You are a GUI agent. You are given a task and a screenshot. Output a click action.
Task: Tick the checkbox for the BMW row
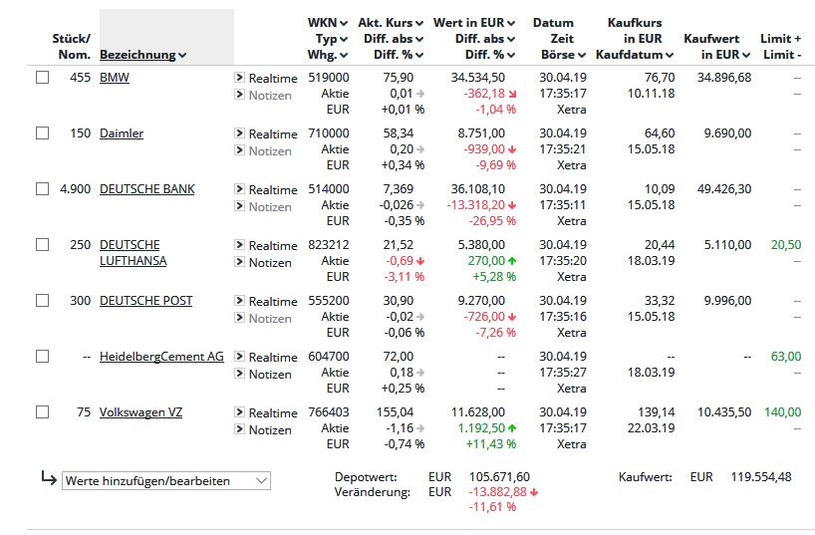(42, 78)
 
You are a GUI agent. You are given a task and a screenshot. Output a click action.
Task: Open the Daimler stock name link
(122, 134)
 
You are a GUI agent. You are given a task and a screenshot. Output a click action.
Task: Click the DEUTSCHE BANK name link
(147, 188)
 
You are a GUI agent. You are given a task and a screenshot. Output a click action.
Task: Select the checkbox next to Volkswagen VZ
(42, 412)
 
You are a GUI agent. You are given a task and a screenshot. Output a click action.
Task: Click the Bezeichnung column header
(137, 55)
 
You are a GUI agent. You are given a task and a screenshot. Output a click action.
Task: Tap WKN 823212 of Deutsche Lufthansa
(329, 244)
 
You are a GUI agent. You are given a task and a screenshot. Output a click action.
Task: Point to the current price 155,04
(395, 412)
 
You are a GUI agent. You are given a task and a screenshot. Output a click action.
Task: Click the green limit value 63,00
(786, 356)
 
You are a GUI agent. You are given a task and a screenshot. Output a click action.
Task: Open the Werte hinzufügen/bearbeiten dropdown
(166, 481)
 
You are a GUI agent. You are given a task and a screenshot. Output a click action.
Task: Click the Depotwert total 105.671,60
(499, 477)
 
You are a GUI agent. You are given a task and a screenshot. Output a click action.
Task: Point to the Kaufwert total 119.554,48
(761, 477)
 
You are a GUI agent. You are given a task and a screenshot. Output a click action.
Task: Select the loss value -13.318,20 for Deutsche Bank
(476, 205)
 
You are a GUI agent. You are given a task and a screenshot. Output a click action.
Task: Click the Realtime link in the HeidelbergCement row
(273, 358)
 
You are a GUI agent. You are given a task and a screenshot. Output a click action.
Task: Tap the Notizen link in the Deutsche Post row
(270, 318)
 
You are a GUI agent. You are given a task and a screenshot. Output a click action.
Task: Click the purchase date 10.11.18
(652, 94)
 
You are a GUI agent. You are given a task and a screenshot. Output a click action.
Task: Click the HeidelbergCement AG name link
(161, 356)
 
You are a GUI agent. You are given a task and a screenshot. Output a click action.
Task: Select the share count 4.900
(76, 188)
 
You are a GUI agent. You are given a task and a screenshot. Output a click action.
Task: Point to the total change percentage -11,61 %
(492, 506)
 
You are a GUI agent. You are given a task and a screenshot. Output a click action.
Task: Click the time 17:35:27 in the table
(563, 373)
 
